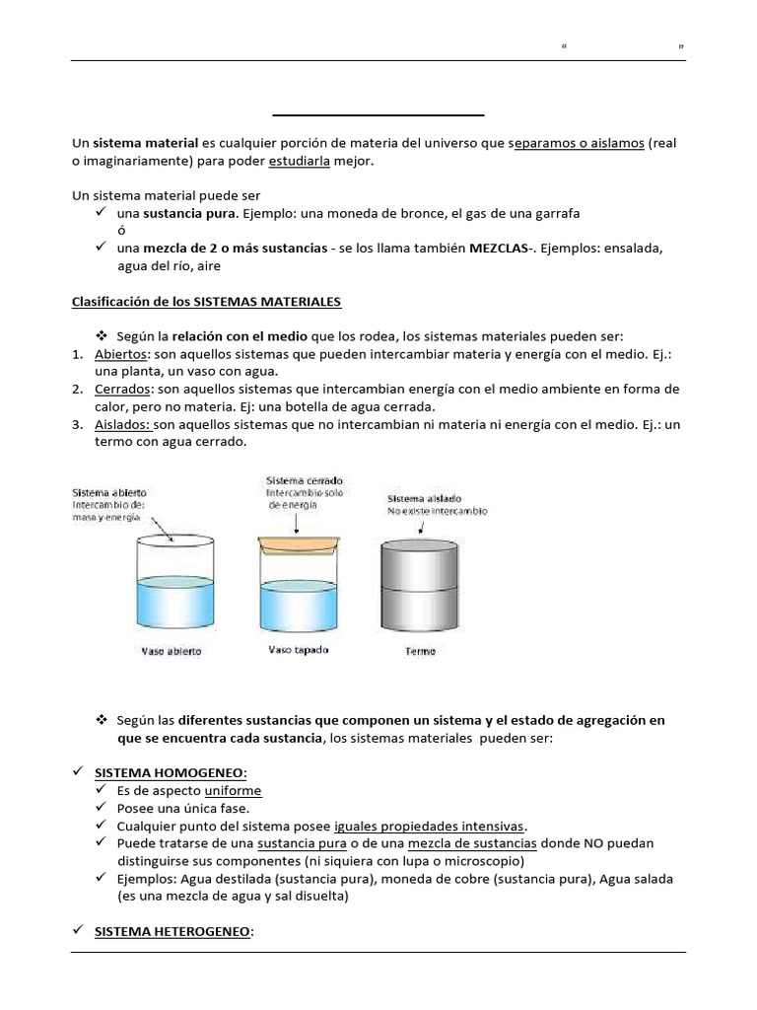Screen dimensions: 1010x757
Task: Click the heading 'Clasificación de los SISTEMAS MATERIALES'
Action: click(x=207, y=301)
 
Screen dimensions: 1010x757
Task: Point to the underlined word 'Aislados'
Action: click(x=123, y=424)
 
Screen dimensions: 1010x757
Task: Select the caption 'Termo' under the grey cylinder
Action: click(x=420, y=651)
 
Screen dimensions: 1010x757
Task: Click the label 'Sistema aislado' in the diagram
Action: click(x=425, y=498)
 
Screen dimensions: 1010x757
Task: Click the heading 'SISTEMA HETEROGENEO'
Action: click(x=173, y=931)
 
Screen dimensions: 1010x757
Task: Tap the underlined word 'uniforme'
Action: click(x=233, y=791)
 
